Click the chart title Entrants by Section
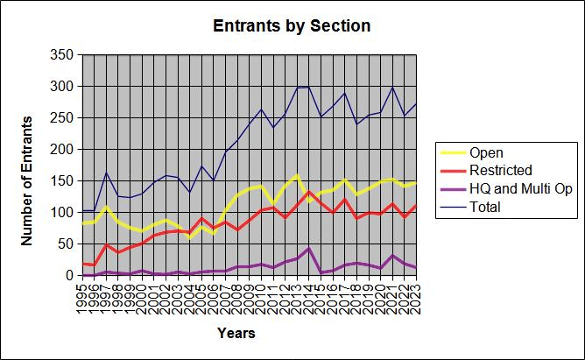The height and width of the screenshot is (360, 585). coord(292,26)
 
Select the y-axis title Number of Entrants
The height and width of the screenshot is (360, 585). coord(26,181)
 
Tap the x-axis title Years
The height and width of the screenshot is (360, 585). coord(236,333)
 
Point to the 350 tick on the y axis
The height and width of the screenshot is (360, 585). coord(61,55)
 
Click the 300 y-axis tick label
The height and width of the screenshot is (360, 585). coord(61,87)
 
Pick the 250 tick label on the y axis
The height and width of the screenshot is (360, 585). coord(61,118)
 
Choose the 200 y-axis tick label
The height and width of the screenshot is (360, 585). coord(61,150)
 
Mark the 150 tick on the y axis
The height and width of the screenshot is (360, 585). coord(61,181)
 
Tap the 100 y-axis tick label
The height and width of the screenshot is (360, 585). coord(61,213)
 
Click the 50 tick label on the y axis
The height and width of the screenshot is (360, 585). coord(66,244)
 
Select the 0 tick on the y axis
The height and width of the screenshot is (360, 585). coord(70,276)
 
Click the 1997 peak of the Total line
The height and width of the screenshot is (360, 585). coord(106,173)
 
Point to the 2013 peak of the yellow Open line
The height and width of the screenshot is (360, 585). coord(298,174)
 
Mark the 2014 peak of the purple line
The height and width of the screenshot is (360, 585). coord(309,248)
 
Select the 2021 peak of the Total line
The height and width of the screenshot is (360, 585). coord(392,87)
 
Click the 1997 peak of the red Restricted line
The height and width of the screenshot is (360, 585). coord(106,244)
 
